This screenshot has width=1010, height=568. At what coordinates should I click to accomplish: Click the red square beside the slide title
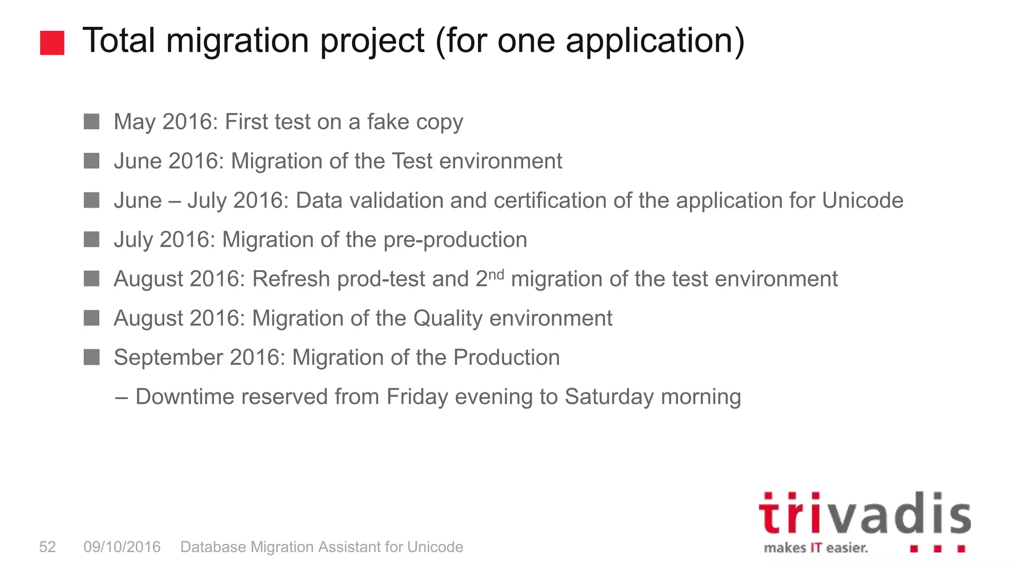[x=52, y=43]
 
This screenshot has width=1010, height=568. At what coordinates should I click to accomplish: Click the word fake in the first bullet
[x=388, y=122]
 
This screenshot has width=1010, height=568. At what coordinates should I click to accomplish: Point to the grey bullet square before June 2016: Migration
[x=92, y=161]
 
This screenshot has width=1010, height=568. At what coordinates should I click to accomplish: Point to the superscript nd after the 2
[x=496, y=274]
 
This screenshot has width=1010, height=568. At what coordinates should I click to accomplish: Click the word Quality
[x=447, y=319]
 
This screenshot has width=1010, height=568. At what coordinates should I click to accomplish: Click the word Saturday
[x=609, y=397]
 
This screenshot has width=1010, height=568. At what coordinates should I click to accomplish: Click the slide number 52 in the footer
[x=47, y=547]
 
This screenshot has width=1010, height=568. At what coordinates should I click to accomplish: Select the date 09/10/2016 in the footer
[x=122, y=547]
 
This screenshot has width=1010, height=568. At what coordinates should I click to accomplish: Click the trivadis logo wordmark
[x=864, y=514]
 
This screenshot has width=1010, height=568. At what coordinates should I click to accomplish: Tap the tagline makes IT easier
[x=816, y=548]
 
